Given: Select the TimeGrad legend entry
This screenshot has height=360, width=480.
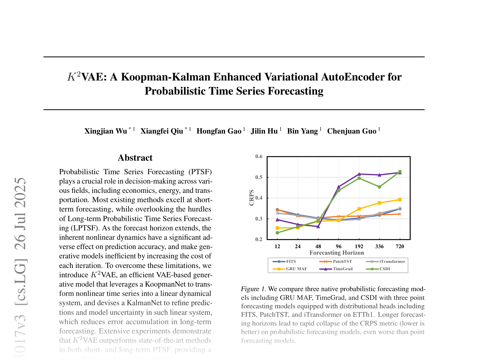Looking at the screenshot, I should [x=342, y=269].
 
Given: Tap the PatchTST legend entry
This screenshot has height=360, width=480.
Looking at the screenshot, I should [x=342, y=261].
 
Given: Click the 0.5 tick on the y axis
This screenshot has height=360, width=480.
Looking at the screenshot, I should [x=259, y=177].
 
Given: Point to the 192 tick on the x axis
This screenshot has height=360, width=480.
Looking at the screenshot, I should [x=359, y=246].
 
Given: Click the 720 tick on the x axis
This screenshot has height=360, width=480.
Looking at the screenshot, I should [x=400, y=246].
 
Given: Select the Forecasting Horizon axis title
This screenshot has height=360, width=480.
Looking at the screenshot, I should [x=337, y=253].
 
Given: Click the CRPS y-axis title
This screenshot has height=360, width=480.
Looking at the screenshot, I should [x=252, y=198].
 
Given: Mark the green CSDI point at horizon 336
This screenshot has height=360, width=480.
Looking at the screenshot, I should [x=379, y=187].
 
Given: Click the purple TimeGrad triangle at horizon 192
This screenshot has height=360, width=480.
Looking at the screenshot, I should [x=359, y=174].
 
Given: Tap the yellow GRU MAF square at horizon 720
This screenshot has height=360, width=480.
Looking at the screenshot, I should [x=400, y=200].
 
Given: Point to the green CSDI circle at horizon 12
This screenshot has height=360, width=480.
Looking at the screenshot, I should [x=277, y=233].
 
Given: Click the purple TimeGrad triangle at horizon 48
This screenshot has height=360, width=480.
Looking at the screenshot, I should [x=318, y=226].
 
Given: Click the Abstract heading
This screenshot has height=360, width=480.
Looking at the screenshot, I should [x=135, y=158].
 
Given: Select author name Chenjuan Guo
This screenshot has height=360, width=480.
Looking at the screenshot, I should [x=352, y=131].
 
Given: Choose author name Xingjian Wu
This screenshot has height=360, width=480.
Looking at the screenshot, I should [x=106, y=131].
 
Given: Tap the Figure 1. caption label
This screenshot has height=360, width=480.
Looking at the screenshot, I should [x=253, y=289].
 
